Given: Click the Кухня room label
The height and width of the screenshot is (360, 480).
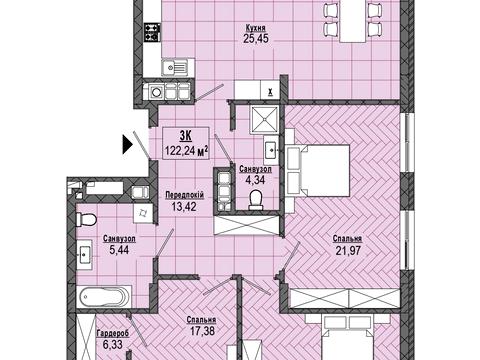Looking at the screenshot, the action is pyautogui.click(x=256, y=27).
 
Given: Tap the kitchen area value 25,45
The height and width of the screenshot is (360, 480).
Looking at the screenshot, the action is pyautogui.click(x=256, y=39).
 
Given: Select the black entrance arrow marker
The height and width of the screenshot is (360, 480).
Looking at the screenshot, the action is pyautogui.click(x=128, y=144).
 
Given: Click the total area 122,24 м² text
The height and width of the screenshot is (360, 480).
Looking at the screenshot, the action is pyautogui.click(x=186, y=151).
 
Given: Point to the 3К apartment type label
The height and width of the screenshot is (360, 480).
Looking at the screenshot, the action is pyautogui.click(x=185, y=136).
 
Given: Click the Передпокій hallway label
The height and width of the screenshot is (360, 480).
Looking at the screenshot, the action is pyautogui.click(x=184, y=195).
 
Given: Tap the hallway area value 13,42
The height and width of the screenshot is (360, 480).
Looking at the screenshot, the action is pyautogui.click(x=184, y=206).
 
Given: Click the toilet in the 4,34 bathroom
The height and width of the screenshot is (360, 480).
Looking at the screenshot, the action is pyautogui.click(x=256, y=200).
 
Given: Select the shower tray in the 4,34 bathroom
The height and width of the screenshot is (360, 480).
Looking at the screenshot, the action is pyautogui.click(x=264, y=120).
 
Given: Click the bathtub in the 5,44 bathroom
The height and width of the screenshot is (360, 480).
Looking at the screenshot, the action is pyautogui.click(x=104, y=297).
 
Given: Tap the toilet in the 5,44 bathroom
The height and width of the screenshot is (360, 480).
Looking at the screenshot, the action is pyautogui.click(x=86, y=220).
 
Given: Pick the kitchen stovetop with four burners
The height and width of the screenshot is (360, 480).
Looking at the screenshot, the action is pyautogui.click(x=152, y=32).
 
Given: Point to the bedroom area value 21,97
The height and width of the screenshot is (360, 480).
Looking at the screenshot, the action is pyautogui.click(x=348, y=250).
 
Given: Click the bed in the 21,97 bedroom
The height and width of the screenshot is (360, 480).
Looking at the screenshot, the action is pyautogui.click(x=317, y=170).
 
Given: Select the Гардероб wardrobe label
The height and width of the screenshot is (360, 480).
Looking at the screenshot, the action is pyautogui.click(x=112, y=333).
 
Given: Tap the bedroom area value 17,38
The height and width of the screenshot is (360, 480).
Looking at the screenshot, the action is pyautogui.click(x=201, y=331).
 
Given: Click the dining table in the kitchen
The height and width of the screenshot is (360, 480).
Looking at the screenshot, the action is pyautogui.click(x=353, y=21).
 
